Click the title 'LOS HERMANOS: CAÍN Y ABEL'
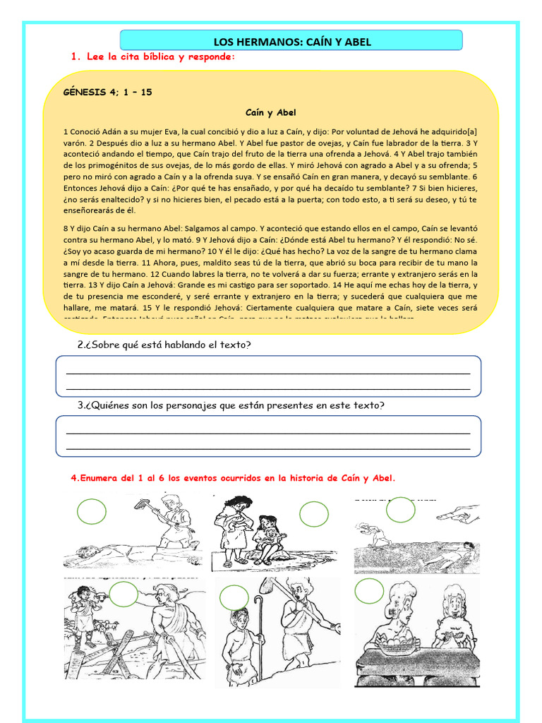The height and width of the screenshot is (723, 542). click(291, 42)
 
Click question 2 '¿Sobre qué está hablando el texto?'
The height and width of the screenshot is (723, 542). click(164, 345)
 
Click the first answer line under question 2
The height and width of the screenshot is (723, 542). click(268, 373)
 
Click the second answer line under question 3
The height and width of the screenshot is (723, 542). click(268, 448)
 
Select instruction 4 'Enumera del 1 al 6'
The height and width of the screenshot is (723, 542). click(233, 478)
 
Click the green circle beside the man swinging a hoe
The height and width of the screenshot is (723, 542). click(91, 512)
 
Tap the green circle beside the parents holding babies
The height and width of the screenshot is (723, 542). click(314, 515)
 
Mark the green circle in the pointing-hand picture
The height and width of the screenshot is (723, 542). click(401, 510)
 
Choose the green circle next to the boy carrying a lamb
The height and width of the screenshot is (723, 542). click(124, 594)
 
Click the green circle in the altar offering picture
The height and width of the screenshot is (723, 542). click(369, 591)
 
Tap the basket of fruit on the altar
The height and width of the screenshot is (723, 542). click(399, 640)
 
